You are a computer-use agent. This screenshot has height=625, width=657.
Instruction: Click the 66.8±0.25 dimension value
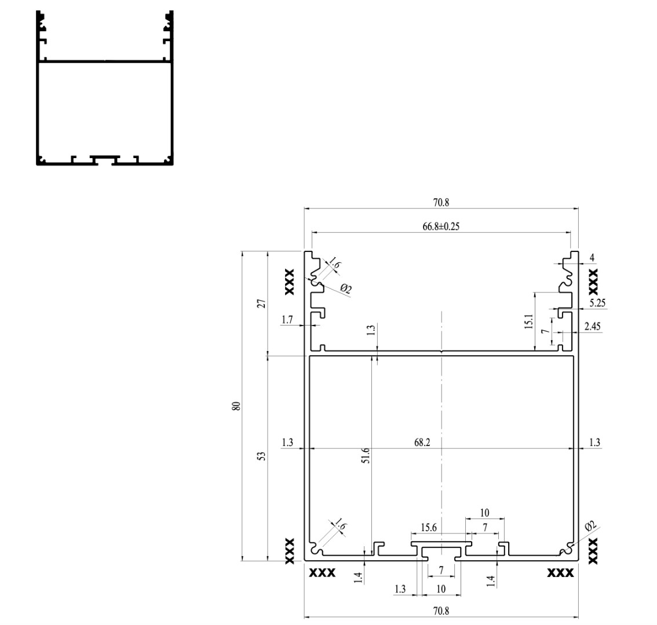point(441,226)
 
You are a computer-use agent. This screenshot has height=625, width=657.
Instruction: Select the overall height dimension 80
point(236,406)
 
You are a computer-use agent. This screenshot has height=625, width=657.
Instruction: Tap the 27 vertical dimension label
point(261,303)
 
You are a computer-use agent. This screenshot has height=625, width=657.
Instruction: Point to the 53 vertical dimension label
point(261,456)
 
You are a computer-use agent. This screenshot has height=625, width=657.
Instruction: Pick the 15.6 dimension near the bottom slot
point(429,527)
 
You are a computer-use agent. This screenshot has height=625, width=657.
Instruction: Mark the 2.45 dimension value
point(593,327)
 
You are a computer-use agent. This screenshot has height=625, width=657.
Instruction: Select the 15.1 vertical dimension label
point(528,321)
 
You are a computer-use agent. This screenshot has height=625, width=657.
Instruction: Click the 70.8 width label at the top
point(440,202)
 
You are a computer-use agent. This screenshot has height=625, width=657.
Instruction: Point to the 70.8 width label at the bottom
point(440,611)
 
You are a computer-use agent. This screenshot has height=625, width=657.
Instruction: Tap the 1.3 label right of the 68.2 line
point(594,443)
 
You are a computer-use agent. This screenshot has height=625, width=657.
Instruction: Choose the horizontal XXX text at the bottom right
point(561,573)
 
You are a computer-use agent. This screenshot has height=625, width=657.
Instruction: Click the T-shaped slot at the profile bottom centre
point(441,550)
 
